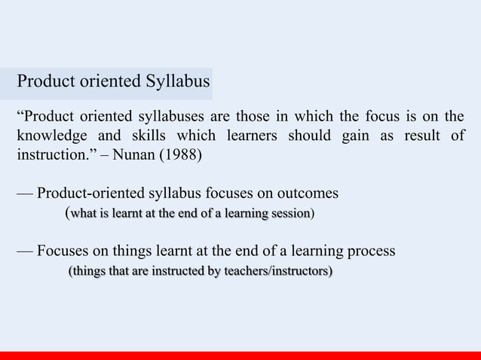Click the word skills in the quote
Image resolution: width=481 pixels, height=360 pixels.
coord(143,138)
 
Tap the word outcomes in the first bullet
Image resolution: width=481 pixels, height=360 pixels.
coord(308,194)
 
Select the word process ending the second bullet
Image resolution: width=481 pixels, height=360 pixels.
coord(368,250)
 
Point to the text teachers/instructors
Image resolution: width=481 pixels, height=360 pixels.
coord(271,270)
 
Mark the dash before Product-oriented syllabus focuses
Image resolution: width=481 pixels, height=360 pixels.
coord(25,194)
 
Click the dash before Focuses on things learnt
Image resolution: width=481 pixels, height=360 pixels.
coord(25,250)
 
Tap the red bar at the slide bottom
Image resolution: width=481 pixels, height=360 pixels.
coord(240,355)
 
